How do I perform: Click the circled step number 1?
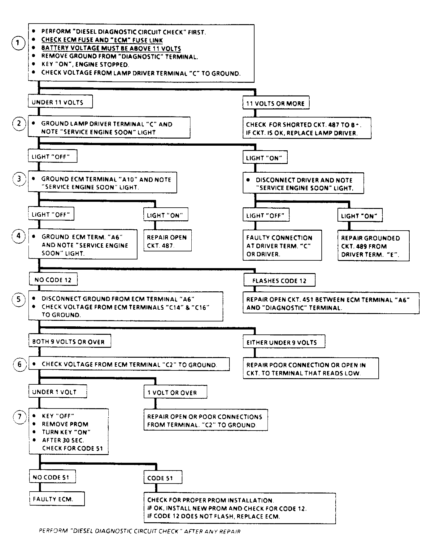pos(18,43)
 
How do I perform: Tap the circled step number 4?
pos(19,236)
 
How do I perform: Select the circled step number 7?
pos(20,417)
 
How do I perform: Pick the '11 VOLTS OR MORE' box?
pos(276,103)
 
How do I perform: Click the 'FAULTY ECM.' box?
pos(57,499)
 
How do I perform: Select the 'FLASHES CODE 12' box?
pos(279,280)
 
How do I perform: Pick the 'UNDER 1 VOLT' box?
pos(58,391)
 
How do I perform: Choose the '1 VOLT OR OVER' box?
pos(175,392)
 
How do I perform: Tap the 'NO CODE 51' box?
pos(53,477)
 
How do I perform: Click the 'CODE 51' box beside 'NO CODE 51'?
pos(163,477)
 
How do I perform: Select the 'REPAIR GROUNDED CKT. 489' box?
pos(373,246)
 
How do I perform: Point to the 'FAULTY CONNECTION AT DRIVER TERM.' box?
pos(282,245)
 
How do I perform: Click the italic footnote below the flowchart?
pos(140,531)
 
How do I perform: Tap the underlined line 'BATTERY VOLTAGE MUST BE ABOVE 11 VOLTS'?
pos(111,48)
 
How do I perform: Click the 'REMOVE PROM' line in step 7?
pos(65,424)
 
